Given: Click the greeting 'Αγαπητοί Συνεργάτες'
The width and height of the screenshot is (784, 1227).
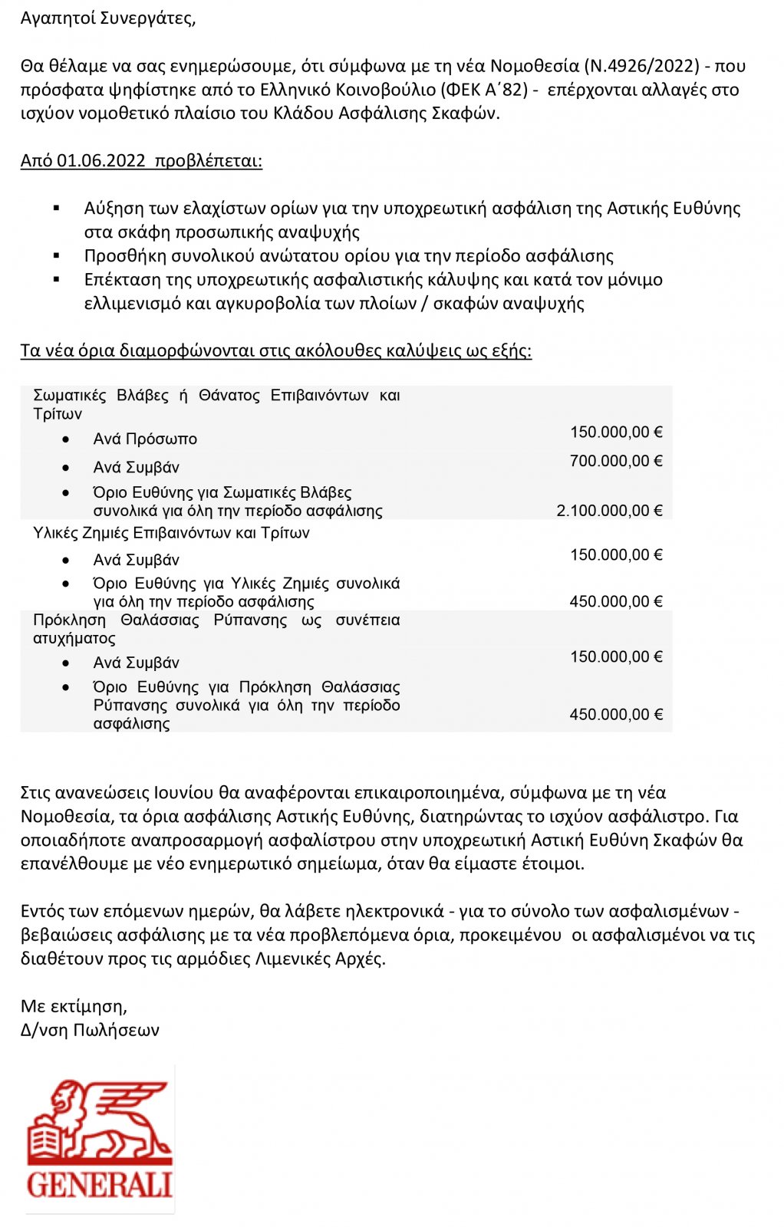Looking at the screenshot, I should tap(107, 18).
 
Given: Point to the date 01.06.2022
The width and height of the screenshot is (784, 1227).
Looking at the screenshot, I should tap(100, 161).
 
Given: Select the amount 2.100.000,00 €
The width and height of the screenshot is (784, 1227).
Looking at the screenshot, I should tap(609, 511).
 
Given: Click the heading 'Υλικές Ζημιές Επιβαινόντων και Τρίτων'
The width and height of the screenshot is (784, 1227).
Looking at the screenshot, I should tap(171, 533).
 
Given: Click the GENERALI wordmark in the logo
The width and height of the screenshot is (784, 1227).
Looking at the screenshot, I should tap(99, 1185).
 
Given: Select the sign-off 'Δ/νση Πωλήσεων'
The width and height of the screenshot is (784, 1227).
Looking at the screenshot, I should tap(90, 1030).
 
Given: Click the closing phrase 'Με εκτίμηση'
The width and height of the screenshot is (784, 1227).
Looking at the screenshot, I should tap(74, 1006).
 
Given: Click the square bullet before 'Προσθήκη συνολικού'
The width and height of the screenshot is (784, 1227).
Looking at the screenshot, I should tap(56, 255).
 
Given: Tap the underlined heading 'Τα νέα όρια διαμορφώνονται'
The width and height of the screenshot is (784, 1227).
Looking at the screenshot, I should tap(276, 350).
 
